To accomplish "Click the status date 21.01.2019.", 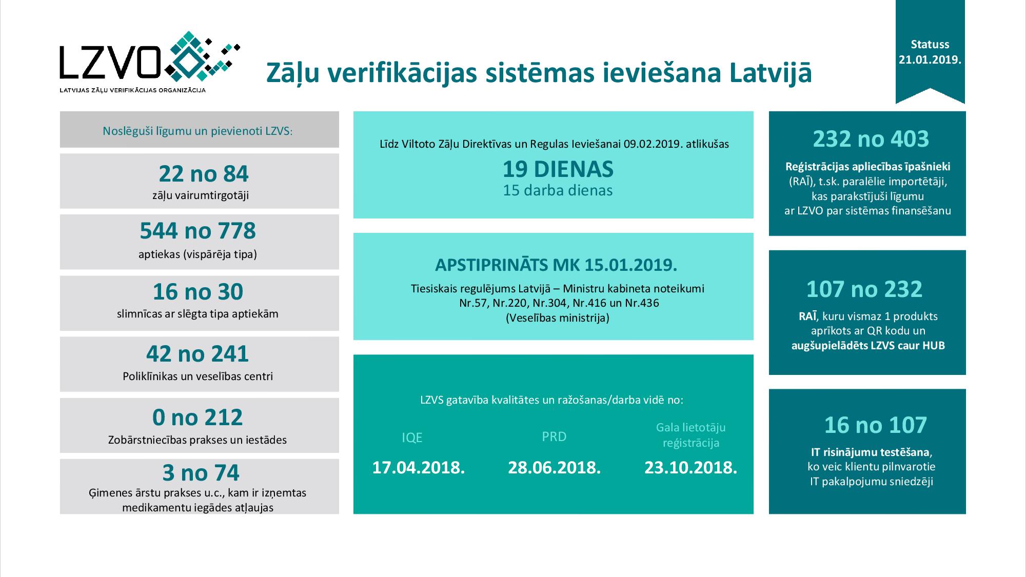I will tap(930, 59).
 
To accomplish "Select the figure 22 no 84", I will tap(203, 174).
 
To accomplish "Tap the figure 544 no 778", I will tap(198, 231).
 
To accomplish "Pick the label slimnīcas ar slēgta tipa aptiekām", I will tap(198, 314).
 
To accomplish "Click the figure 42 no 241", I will tap(198, 354).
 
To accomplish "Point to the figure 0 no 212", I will tap(198, 417).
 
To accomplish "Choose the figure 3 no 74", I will tap(201, 473).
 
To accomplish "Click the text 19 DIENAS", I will tap(558, 169).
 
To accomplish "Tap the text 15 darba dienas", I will tap(558, 191).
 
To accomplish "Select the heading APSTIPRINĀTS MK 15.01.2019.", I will tap(556, 265).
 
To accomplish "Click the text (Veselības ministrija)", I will tap(558, 318).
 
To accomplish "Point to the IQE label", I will tap(412, 437).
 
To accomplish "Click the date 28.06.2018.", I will tap(554, 468).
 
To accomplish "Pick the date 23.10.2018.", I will tap(690, 468).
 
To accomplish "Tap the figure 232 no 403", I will tap(871, 139).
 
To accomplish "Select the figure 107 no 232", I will tap(864, 289).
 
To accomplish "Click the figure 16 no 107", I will tap(875, 425).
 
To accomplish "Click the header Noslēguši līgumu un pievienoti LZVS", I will tap(198, 131).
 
